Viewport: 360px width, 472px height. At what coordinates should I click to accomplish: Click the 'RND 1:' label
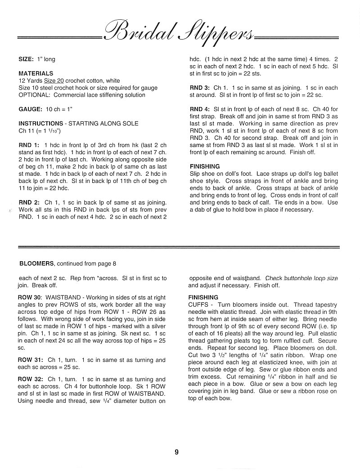click(x=29, y=145)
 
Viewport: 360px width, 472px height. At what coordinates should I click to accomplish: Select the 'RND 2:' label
click(x=29, y=203)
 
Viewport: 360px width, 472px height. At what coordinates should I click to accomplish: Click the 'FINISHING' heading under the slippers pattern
click(x=205, y=167)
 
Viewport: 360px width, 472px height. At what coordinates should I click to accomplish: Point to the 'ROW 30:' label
click(x=29, y=298)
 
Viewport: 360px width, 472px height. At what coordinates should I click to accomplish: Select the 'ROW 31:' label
click(x=29, y=360)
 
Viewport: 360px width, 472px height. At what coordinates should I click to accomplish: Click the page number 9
click(x=176, y=452)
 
